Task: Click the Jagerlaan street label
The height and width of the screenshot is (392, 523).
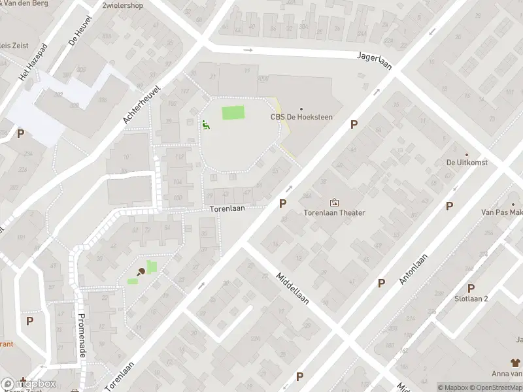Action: click(x=373, y=56)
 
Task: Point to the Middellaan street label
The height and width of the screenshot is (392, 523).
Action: click(x=292, y=288)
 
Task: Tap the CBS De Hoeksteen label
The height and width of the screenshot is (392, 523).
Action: click(x=301, y=118)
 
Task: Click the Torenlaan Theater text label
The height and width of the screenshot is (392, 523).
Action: click(x=334, y=213)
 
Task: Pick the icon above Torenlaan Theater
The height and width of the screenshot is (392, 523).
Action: click(x=335, y=203)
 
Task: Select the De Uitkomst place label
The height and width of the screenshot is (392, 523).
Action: click(x=467, y=163)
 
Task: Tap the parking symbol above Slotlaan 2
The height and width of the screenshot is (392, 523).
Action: click(x=471, y=288)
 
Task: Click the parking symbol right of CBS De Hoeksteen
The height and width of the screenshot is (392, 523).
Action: click(x=354, y=124)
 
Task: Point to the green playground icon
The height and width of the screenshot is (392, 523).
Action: click(x=205, y=124)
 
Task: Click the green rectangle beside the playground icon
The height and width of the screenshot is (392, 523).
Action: click(x=232, y=112)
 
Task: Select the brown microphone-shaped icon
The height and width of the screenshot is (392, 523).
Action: click(x=140, y=272)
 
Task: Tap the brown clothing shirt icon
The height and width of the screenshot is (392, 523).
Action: click(x=515, y=362)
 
